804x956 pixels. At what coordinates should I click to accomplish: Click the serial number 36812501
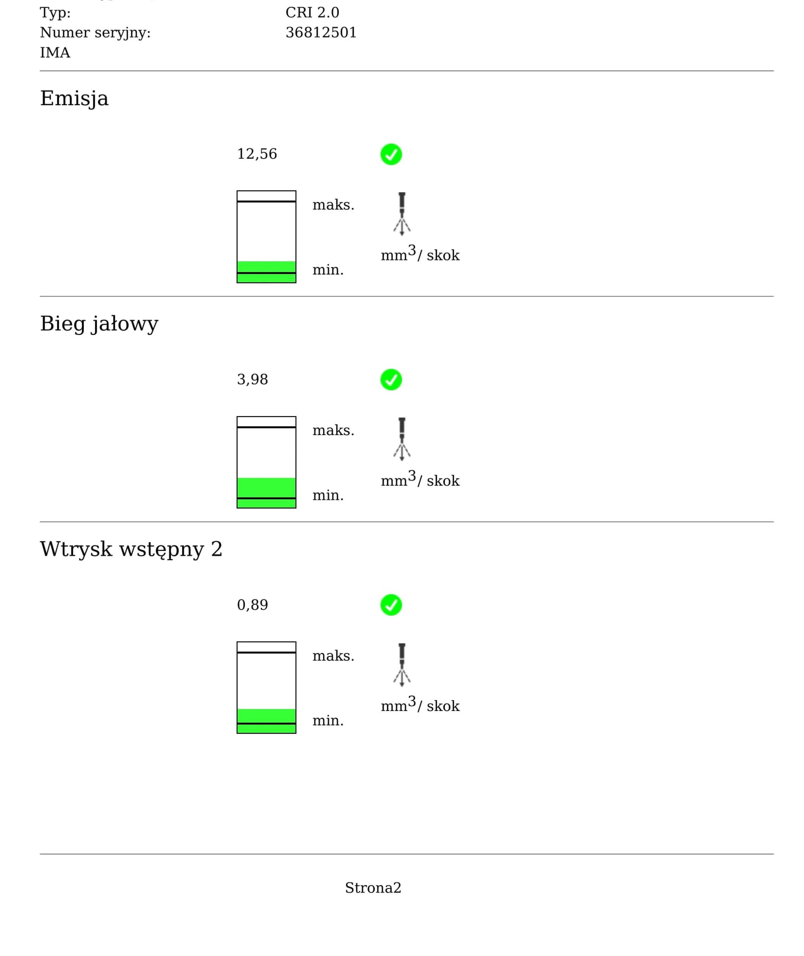coord(321,32)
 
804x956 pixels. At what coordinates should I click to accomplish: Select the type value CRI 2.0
coord(312,12)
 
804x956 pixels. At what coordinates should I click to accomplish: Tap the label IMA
coord(55,52)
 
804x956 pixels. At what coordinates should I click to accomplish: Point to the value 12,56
coord(257,154)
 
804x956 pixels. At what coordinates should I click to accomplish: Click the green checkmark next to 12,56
coord(391,154)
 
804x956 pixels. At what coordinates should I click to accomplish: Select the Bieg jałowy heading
coord(99,324)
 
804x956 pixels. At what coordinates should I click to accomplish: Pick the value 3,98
coord(253,379)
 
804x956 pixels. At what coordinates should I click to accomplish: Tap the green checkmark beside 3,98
coord(391,380)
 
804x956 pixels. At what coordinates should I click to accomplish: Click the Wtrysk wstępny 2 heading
coord(131,549)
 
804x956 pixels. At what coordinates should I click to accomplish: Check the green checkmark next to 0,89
coord(391,605)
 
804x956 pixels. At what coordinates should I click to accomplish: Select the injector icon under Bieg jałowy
coord(402,439)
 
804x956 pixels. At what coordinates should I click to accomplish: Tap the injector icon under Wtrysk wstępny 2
coord(402,665)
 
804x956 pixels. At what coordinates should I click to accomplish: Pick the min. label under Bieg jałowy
coord(328,495)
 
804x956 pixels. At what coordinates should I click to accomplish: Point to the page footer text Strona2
coord(373,888)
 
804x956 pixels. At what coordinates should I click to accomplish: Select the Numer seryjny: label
coord(95,32)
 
